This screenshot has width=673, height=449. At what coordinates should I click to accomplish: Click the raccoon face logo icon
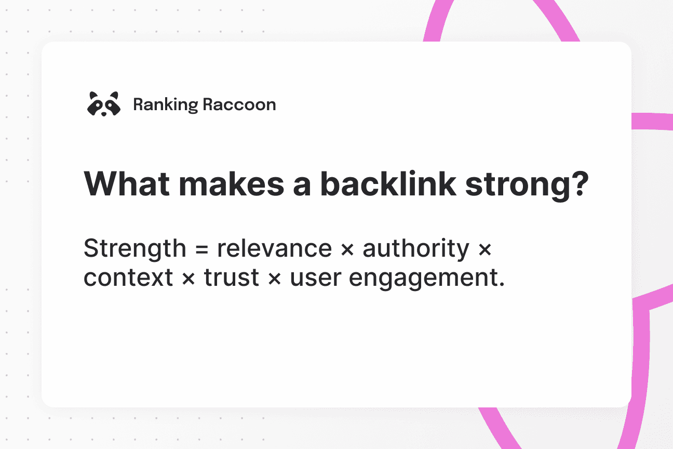(103, 103)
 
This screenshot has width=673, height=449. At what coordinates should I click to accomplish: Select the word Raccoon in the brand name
(239, 104)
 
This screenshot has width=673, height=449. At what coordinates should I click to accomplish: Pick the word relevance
(274, 249)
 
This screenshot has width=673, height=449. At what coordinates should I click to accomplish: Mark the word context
(128, 278)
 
